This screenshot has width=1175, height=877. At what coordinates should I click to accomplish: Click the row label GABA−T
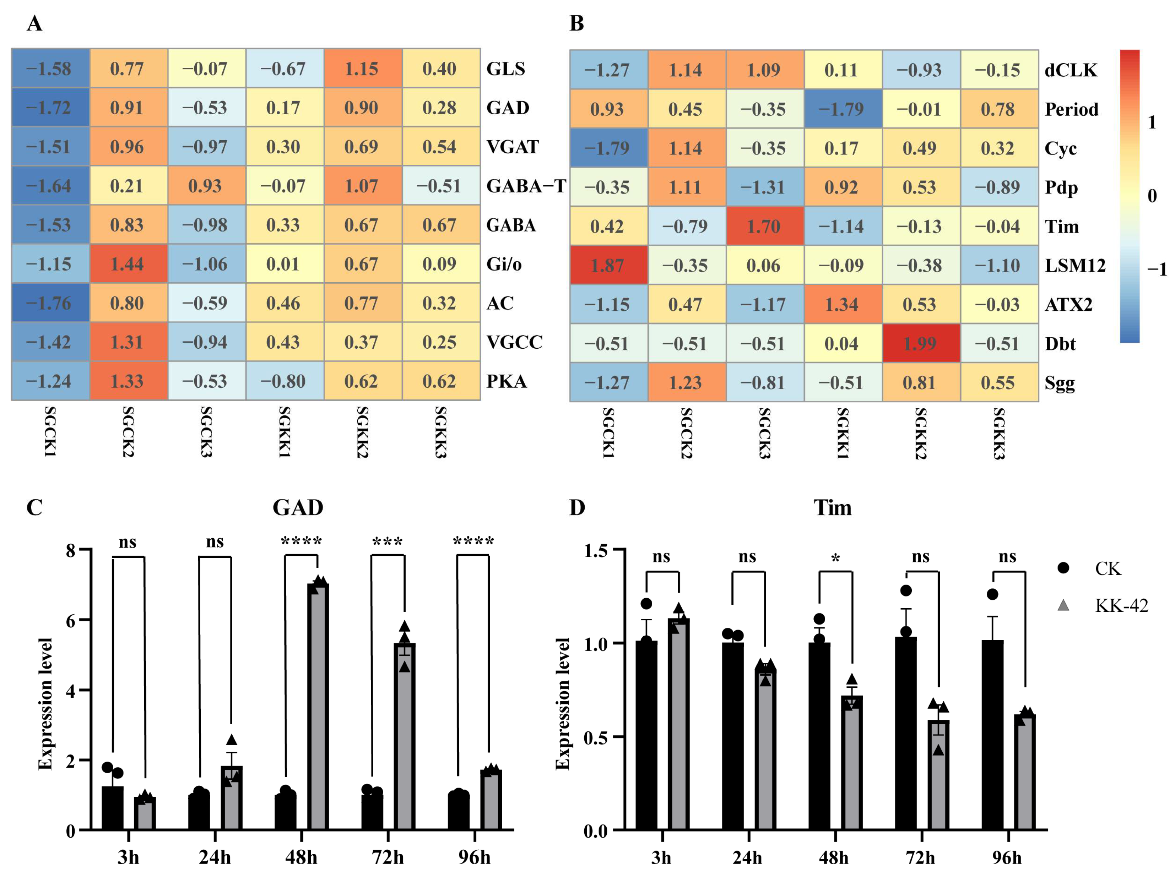526,186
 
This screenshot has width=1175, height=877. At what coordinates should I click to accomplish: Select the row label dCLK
1071,70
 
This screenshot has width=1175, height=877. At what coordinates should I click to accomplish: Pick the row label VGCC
514,342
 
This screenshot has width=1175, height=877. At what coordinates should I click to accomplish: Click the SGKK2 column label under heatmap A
363,432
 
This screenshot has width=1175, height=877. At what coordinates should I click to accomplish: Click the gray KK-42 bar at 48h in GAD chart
318,706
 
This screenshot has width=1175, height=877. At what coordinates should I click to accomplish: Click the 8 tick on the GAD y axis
71,550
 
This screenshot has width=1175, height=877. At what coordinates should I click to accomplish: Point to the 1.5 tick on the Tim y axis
595,550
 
